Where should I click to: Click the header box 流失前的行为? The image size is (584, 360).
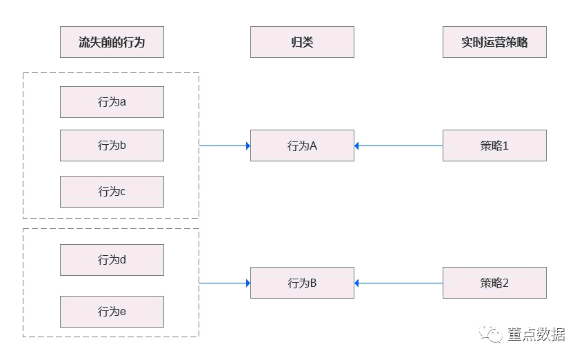(112, 42)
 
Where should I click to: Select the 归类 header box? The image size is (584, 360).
(302, 42)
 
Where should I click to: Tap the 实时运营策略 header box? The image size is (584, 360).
(494, 42)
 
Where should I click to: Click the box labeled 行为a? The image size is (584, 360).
(112, 102)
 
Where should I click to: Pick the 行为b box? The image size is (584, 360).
(112, 146)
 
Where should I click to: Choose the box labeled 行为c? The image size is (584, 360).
(112, 192)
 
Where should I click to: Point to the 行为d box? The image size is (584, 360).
(112, 260)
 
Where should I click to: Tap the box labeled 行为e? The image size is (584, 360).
(112, 312)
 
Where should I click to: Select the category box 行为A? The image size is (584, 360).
(302, 146)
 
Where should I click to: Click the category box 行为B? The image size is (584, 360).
(302, 283)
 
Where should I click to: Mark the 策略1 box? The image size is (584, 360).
(494, 146)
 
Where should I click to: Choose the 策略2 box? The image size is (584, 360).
(494, 283)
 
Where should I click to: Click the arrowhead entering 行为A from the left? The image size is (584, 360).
(248, 146)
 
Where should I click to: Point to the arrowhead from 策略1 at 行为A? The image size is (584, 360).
(356, 146)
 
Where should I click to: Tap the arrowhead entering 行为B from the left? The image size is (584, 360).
(248, 283)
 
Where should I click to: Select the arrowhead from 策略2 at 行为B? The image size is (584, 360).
(356, 283)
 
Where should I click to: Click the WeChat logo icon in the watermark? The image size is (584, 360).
(490, 333)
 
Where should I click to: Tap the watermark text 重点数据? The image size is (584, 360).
(536, 334)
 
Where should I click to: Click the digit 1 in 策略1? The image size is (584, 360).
(505, 146)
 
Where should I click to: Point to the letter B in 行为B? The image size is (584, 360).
(313, 283)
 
